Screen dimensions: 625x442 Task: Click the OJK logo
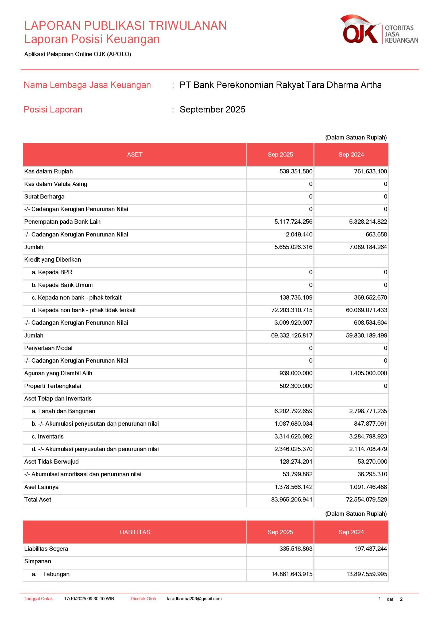click(379, 29)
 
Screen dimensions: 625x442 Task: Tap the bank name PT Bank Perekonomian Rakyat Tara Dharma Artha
click(280, 85)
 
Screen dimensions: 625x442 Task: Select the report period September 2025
click(212, 110)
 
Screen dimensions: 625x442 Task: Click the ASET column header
click(135, 155)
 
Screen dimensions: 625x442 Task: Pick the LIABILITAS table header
click(135, 532)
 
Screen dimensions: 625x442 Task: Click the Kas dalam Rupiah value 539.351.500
click(296, 172)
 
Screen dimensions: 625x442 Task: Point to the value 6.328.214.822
click(368, 222)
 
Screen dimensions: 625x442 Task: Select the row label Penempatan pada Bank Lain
click(62, 222)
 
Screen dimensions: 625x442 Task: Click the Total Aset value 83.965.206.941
click(292, 499)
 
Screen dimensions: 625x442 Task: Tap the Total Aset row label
click(38, 499)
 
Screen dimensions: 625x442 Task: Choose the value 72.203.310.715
click(292, 310)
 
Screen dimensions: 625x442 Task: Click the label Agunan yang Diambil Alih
click(58, 373)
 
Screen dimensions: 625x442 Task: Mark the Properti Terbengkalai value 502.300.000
click(296, 386)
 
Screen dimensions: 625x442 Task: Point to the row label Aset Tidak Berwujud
click(51, 462)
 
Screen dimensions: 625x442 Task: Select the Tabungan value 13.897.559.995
click(366, 574)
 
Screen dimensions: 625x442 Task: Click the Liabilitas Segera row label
click(46, 549)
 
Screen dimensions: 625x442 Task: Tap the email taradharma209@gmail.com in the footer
click(194, 599)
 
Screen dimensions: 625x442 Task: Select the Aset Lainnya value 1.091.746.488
click(368, 487)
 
